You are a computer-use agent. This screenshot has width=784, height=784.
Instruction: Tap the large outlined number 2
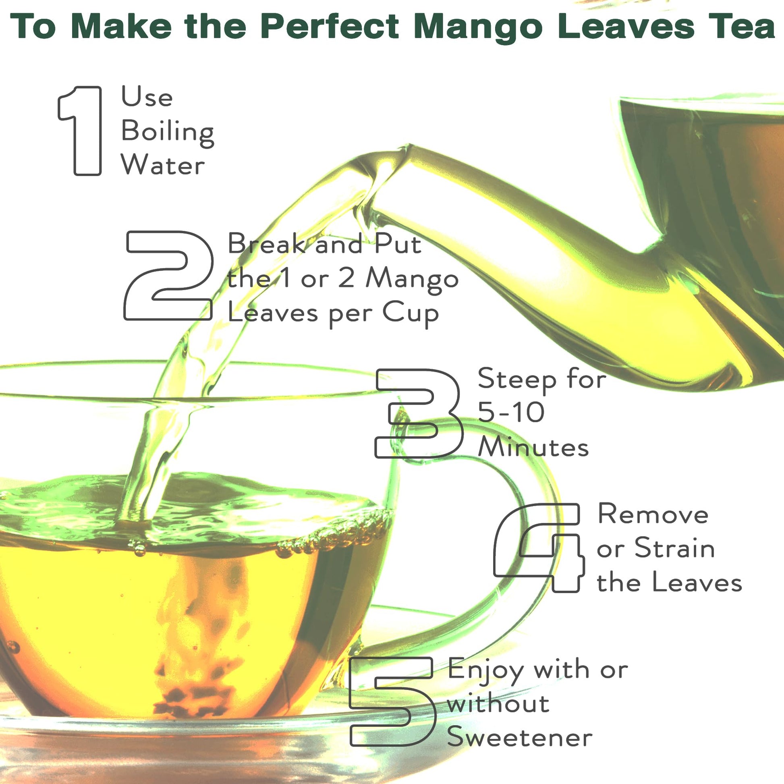(x=168, y=276)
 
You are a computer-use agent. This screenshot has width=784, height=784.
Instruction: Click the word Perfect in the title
(x=330, y=26)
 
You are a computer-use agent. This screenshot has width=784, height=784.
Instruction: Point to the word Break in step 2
(x=267, y=243)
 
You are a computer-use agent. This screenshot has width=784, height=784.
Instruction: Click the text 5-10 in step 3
(x=511, y=412)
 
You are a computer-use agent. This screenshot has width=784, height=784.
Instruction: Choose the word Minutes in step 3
(x=533, y=447)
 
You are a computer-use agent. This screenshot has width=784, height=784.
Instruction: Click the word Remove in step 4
(x=653, y=514)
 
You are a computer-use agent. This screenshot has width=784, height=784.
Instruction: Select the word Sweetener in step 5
(x=519, y=737)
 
